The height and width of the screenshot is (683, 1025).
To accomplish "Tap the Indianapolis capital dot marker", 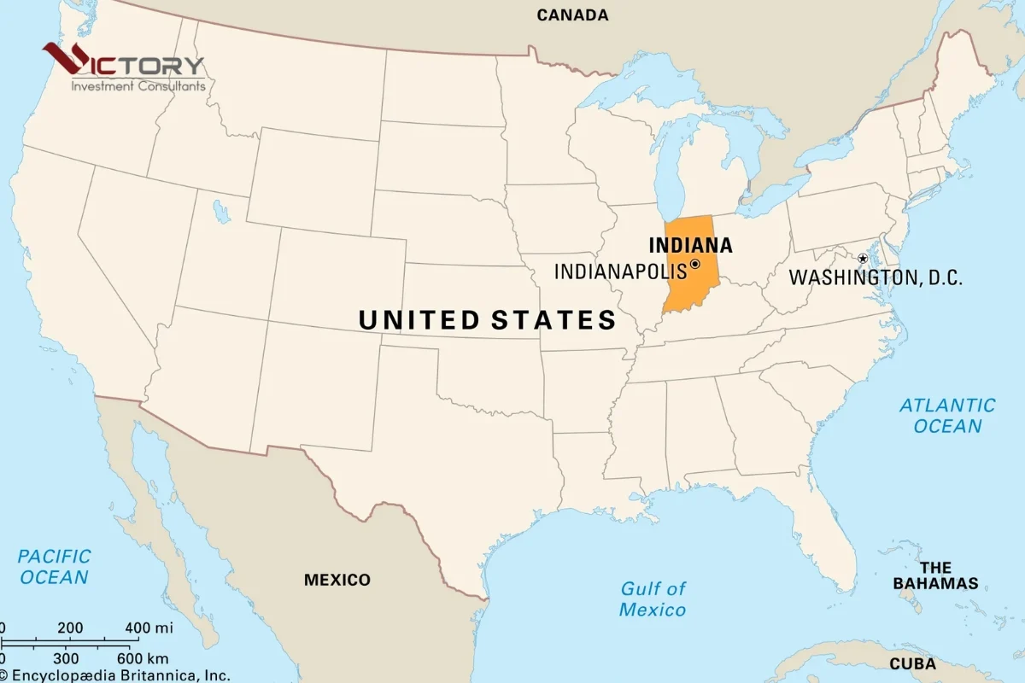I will pos(694,265).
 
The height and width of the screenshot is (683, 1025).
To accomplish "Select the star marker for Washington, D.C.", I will pos(863,258).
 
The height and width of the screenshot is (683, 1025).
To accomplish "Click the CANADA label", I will pos(572,15).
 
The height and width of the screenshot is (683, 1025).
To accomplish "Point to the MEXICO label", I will pos(337,580).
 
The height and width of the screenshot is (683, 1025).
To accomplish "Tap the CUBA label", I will pos(912,663).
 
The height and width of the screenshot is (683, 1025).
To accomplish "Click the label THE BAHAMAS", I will pos(935,575).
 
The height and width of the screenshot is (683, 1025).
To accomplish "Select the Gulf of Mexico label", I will pos(653,598).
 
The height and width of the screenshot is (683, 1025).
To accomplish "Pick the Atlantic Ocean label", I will pos(947,416).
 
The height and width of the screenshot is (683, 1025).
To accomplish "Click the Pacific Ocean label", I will pos(54,567).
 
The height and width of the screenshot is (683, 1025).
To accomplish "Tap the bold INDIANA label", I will pos(690,245).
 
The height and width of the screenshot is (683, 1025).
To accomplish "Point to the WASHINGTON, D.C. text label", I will pos(876,277).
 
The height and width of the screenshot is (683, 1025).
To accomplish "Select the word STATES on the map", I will pos(553,320).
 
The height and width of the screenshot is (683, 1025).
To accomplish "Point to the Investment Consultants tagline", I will pos(138,85).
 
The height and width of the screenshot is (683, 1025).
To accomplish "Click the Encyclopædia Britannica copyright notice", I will pos(115,675).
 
